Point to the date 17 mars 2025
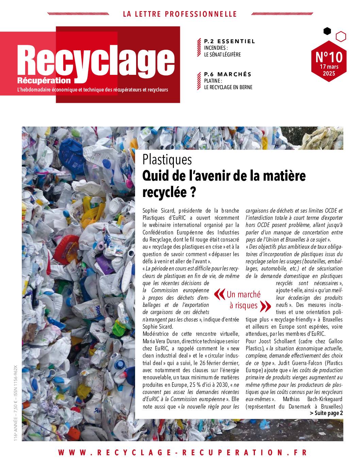point(329,70)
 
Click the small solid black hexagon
point(327,31)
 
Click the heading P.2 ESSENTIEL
point(229,42)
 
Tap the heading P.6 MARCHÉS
point(228,74)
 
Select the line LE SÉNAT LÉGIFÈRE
point(222,54)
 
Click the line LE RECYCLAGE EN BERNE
point(228,87)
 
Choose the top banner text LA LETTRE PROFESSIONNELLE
point(180,14)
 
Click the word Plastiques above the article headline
point(167,160)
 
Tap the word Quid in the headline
point(156,176)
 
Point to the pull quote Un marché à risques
point(243,300)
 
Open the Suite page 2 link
point(326,413)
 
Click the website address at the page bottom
point(183,452)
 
